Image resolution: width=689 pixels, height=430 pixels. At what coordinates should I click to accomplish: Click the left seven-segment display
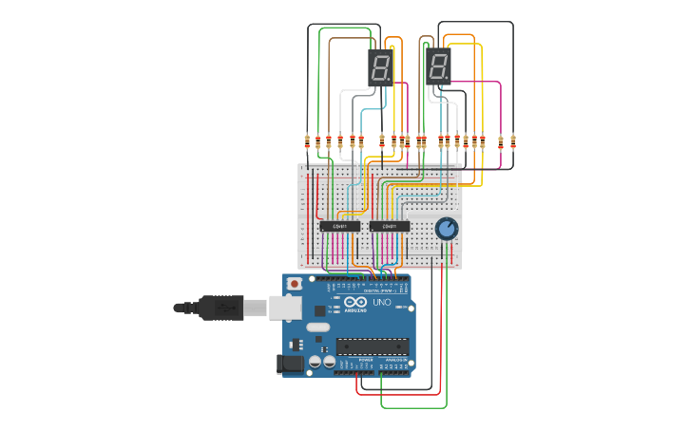[x=380, y=67]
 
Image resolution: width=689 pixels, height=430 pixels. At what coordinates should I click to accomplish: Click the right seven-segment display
[x=438, y=67]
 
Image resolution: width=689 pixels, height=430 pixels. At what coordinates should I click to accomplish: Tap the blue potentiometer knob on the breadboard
[x=446, y=229]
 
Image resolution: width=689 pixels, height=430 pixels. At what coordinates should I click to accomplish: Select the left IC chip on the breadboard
[x=339, y=226]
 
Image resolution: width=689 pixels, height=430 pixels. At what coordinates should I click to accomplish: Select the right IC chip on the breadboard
[x=390, y=226]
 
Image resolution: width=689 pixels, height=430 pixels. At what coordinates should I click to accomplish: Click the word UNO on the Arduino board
[x=381, y=302]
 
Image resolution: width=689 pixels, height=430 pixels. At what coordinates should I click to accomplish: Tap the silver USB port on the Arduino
[x=284, y=307]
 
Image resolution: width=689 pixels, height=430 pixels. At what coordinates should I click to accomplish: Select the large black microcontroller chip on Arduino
[x=373, y=346]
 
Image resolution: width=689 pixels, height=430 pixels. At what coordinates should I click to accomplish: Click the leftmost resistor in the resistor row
[x=307, y=142]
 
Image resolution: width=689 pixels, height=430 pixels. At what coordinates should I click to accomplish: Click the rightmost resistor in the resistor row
[x=513, y=142]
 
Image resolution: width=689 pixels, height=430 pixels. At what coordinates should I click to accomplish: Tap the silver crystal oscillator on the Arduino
[x=318, y=327]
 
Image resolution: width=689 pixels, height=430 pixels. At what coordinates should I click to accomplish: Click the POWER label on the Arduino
[x=366, y=361]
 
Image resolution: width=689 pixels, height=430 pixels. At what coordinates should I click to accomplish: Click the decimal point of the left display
[x=389, y=80]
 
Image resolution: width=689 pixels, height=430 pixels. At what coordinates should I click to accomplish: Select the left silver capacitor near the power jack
[x=314, y=362]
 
